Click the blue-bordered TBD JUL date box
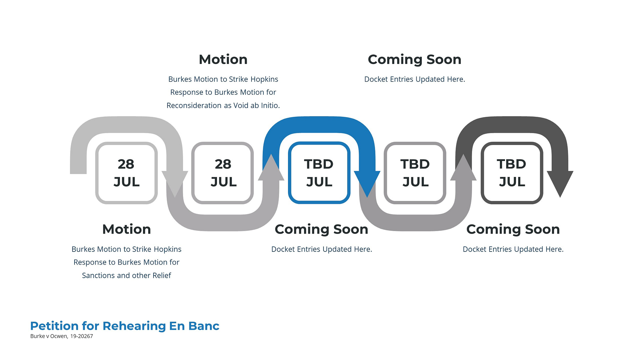[x=319, y=173]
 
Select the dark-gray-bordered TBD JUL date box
[x=512, y=173]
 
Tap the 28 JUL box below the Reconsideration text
[x=223, y=173]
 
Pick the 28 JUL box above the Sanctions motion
[x=126, y=173]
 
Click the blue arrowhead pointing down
[x=367, y=183]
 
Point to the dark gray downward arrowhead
[x=560, y=183]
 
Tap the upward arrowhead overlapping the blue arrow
[x=271, y=168]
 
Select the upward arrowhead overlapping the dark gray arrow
[x=463, y=168]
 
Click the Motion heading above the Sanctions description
[x=127, y=229]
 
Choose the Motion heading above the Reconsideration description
[x=223, y=60]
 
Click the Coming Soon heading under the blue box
[x=322, y=229]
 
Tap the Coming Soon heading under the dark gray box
[x=513, y=229]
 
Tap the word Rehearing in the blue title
[x=134, y=326]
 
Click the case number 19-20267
[x=82, y=336]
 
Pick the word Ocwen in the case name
[x=59, y=336]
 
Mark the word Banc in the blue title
[x=204, y=326]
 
